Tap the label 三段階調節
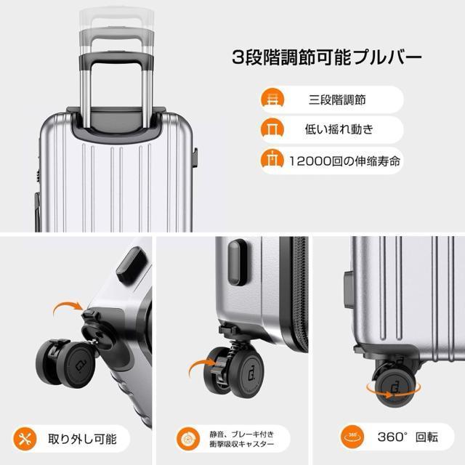click(336, 100)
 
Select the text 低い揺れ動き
click(336, 130)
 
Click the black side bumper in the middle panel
click(235, 262)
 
